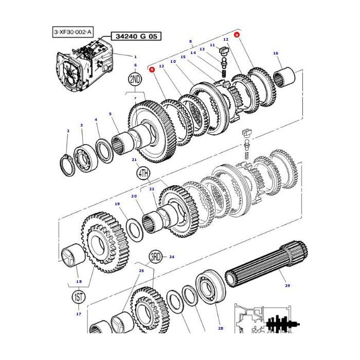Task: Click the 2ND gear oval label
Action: click(135, 80)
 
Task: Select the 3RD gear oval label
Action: click(155, 257)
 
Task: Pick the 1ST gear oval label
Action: click(79, 297)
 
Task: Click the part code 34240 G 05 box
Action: click(134, 36)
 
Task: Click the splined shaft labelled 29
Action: click(267, 262)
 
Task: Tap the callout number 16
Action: click(276, 53)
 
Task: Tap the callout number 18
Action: click(79, 281)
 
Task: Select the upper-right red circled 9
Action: click(237, 34)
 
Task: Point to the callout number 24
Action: click(172, 257)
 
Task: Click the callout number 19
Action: click(117, 204)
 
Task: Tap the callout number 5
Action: click(110, 114)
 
